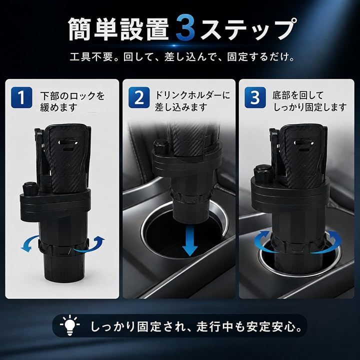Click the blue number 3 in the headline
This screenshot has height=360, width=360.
tap(186, 28)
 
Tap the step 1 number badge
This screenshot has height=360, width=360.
tap(21, 97)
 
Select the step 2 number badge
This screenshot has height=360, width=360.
tap(139, 97)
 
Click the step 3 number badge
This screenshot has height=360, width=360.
tap(255, 97)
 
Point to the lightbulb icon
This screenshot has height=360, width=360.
tap(70, 325)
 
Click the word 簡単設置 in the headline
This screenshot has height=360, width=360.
tap(119, 28)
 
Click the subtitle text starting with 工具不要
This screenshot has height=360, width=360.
tap(182, 57)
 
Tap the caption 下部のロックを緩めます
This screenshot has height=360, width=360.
tap(72, 101)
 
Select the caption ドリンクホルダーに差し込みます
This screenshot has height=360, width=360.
tap(192, 101)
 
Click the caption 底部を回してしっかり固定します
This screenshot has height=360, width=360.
tap(309, 101)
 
